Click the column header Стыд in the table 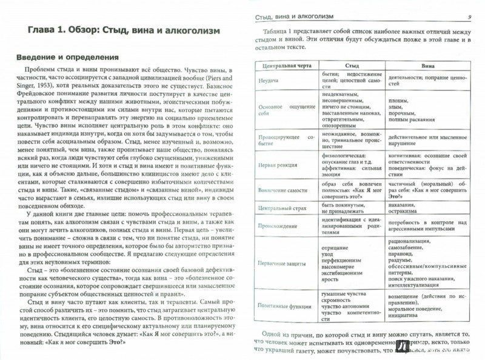(352, 65)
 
